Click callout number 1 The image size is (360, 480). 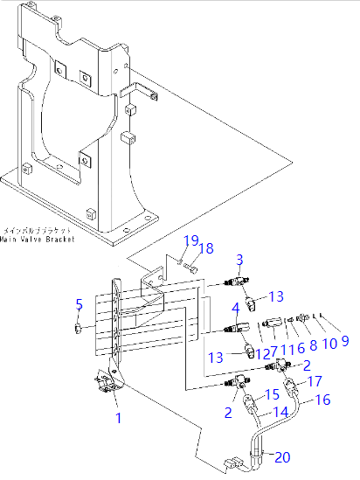119,417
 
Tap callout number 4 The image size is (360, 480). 235,309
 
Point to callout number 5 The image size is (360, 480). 78,304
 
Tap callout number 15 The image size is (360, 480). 272,395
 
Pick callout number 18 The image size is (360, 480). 206,249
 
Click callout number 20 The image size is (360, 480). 281,456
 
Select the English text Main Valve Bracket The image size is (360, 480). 38,238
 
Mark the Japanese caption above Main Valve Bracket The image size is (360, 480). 38,229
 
